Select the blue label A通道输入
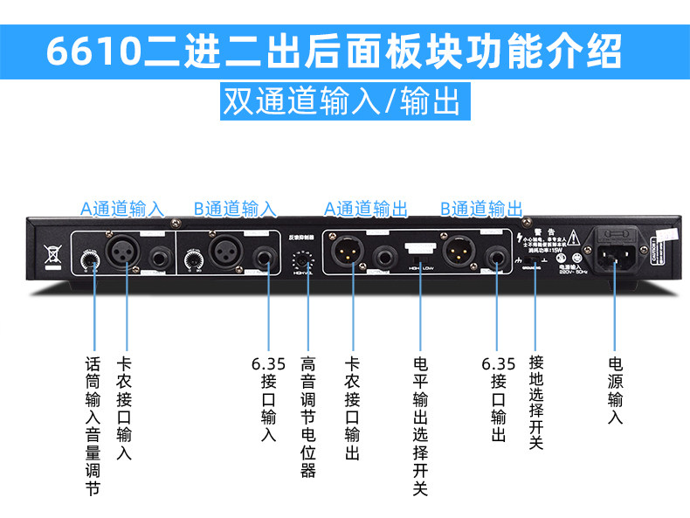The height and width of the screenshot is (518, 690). click(122, 209)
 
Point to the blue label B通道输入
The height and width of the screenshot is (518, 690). click(235, 209)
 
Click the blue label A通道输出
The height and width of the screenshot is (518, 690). click(366, 209)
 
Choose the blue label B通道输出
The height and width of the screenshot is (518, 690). click(481, 209)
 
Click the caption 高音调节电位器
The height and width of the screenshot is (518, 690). click(307, 416)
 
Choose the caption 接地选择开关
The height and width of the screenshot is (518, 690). click(535, 403)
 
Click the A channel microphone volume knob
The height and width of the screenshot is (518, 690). click(88, 259)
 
